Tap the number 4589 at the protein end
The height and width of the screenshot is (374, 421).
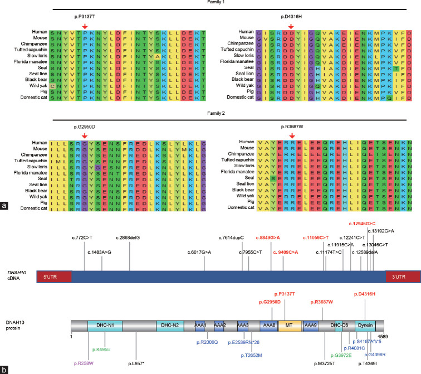(384, 337)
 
